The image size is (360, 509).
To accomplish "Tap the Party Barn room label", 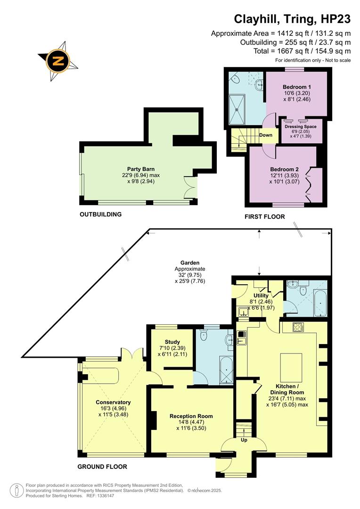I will coord(141,169).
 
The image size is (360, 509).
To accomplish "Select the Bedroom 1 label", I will coord(296,87).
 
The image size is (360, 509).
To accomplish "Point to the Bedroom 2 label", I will coord(284,169).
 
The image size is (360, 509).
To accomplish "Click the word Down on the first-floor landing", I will coord(266,135).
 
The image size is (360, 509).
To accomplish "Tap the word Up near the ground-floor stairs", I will coord(244,440).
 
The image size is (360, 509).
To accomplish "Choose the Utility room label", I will coord(261,296).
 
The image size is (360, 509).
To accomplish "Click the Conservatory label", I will coord(113,402).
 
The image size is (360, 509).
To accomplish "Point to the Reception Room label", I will coord(191,416).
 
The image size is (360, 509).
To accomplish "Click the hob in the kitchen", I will coord(299,326).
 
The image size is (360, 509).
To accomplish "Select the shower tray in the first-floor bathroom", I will coord(244,109).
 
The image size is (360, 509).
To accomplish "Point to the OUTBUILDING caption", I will coord(100,214).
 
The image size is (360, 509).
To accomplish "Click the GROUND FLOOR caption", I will coord(103,467).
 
